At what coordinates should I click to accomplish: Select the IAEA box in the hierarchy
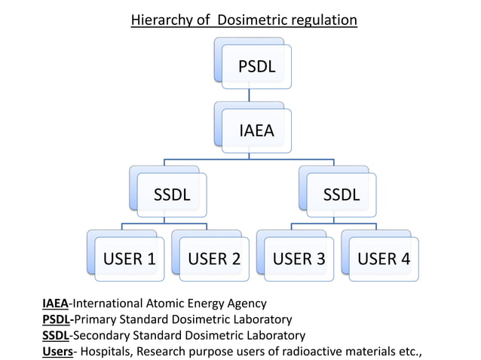pos(256,130)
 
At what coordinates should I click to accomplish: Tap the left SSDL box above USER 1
pos(172,194)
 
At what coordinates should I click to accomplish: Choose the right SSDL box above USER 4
pos(341,194)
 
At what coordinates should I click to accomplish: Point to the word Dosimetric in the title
pos(253,20)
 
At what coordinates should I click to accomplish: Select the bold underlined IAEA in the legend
pos(54,304)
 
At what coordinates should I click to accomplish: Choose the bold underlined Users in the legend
pos(57,351)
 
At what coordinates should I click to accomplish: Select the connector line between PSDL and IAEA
pos(249,96)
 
